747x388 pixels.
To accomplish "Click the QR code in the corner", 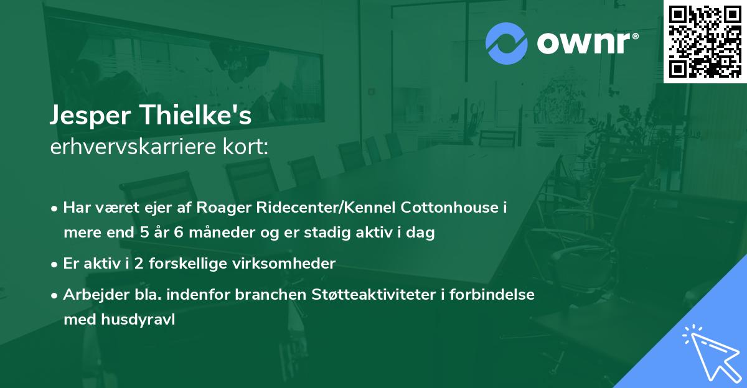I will tap(705, 41).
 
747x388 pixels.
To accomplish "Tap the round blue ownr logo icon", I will tap(506, 44).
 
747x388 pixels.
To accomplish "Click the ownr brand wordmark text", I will tap(586, 44).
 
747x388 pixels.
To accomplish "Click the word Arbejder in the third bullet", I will tap(90, 295).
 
